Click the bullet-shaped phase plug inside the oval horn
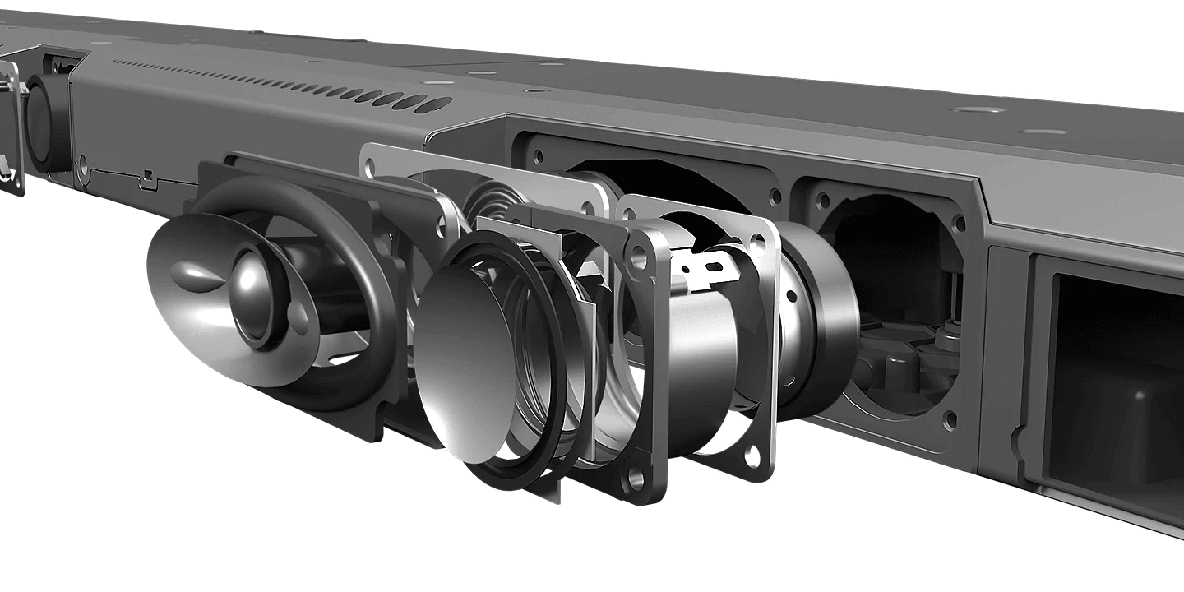[x=192, y=271]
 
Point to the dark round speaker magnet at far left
[x=45, y=123]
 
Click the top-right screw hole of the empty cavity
[x=956, y=222]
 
